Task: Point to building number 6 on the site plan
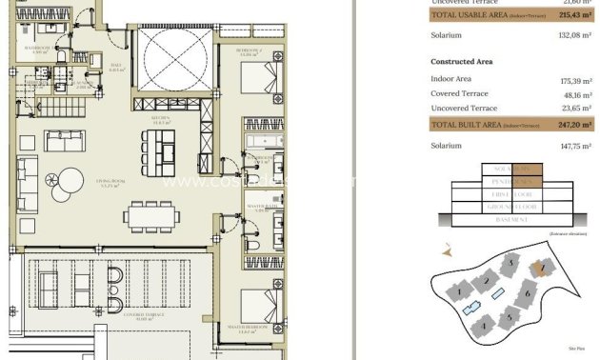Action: tap(529, 295)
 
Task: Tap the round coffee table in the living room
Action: tap(71, 178)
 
